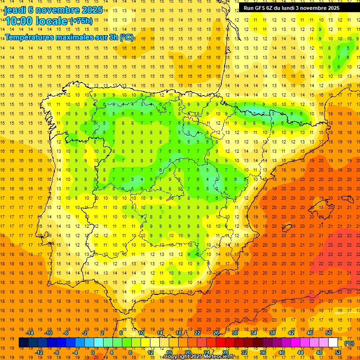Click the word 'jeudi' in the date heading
coord(15,10)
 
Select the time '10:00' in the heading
coord(18,21)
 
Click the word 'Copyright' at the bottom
coord(177,357)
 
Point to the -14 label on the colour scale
coord(30,333)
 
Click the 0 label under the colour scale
coord(93,352)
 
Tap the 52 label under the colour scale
coord(338,352)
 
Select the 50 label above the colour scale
coord(329,333)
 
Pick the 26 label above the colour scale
coord(216,333)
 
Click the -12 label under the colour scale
coord(39,352)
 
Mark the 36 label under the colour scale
coord(263,352)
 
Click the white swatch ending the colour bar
coord(333,343)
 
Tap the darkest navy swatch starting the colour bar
coord(23,343)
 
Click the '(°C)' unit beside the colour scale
coord(349,343)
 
